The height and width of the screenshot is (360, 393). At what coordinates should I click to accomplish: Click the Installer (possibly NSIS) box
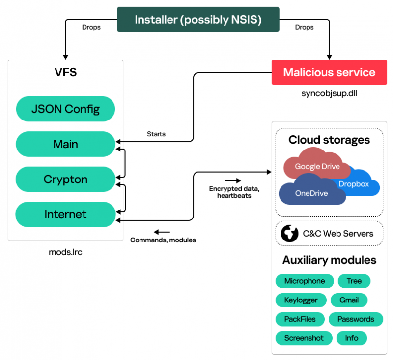tap(198, 20)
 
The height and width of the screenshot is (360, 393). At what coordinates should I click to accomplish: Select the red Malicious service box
tap(329, 73)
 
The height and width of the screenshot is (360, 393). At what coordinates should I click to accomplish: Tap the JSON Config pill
tap(65, 109)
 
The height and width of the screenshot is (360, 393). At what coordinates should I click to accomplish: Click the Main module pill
tap(65, 144)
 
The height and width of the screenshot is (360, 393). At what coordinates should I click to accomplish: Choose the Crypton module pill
tap(65, 180)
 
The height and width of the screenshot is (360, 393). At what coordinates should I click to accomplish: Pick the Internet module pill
tap(65, 214)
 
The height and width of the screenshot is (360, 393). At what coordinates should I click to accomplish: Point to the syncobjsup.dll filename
tap(329, 93)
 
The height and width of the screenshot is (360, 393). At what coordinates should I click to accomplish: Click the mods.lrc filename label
tap(65, 252)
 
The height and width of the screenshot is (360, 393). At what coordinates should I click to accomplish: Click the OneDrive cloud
tap(311, 193)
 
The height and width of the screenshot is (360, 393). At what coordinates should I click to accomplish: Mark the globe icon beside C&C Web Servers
tap(289, 234)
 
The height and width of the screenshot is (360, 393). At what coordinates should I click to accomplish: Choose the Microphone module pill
tap(304, 281)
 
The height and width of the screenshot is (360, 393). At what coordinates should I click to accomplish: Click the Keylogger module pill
tap(301, 300)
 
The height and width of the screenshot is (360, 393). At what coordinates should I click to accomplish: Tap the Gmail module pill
tap(349, 300)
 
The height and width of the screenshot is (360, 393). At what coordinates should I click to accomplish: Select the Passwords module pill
tap(355, 319)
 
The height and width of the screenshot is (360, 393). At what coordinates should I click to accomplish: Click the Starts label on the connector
tap(156, 134)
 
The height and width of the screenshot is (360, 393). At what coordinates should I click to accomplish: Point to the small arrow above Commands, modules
tap(162, 232)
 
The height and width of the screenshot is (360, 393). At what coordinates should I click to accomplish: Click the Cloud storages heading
tap(329, 140)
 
